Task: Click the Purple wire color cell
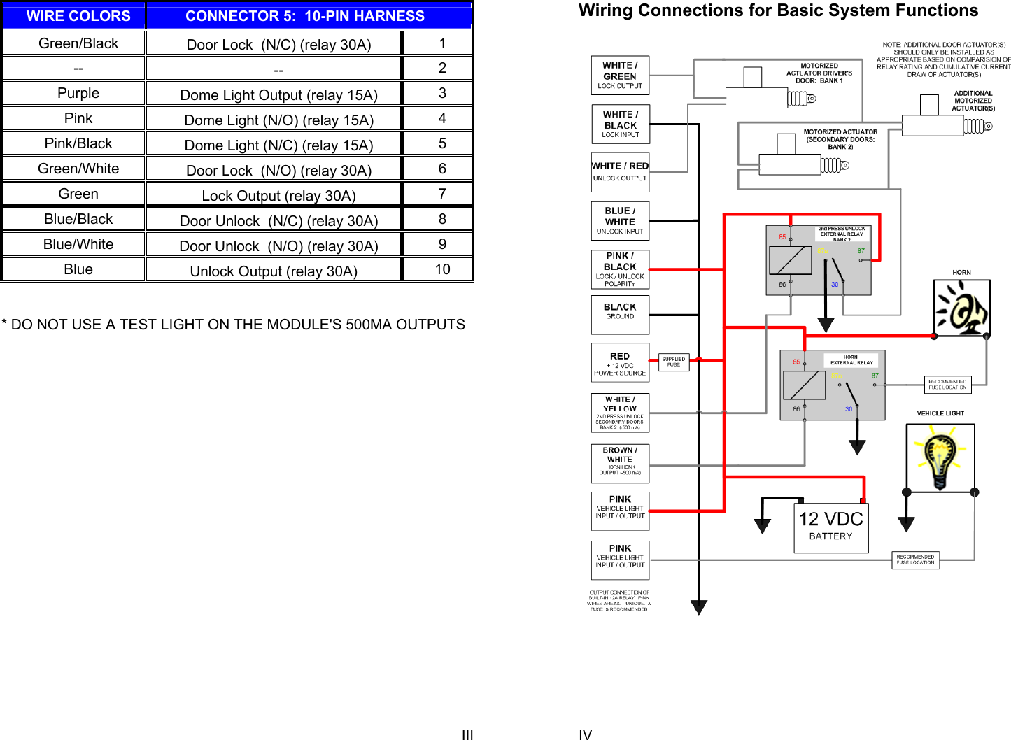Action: (x=78, y=93)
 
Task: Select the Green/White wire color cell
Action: (x=78, y=169)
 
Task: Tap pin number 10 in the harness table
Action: (x=442, y=269)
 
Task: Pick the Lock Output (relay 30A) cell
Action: (x=278, y=196)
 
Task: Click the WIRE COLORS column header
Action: (x=78, y=16)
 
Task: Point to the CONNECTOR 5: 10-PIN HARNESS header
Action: (x=305, y=16)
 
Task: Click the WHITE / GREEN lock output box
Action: (x=620, y=76)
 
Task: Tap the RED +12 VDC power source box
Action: (x=620, y=363)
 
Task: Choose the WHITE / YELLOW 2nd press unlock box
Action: (x=620, y=413)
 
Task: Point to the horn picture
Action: (x=962, y=308)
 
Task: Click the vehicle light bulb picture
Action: (x=940, y=458)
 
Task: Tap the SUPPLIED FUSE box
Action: (x=674, y=362)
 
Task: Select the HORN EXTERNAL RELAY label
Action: (x=851, y=360)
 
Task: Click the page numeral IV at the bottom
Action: (x=586, y=734)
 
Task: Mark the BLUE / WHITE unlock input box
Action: (x=620, y=221)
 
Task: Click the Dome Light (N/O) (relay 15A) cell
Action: (x=278, y=120)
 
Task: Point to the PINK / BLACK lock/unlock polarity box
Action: (x=620, y=269)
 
